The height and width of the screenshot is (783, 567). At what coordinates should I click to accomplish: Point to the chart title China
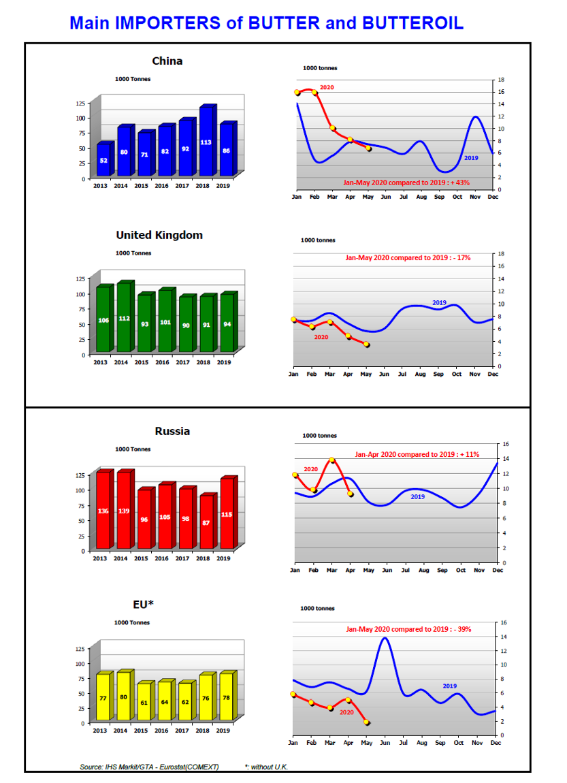coord(167,61)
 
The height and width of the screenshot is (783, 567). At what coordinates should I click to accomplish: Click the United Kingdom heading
coord(159,235)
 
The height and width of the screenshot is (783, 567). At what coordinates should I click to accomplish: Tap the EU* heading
coord(143,604)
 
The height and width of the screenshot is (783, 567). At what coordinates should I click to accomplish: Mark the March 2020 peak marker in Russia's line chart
coord(332,460)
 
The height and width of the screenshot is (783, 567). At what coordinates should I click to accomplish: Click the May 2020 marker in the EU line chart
coord(367,722)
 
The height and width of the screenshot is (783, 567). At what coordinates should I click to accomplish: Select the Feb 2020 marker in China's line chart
coord(314,93)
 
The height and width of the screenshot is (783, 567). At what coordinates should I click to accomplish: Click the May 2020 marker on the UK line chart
coord(366,345)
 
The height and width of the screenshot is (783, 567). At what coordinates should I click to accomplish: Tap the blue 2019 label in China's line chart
coord(471,158)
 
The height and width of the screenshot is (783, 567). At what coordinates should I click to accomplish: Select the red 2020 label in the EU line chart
coord(346,712)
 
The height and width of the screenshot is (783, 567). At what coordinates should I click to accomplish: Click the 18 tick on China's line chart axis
coord(501,80)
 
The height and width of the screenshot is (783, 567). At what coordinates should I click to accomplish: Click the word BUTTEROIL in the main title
coord(412,23)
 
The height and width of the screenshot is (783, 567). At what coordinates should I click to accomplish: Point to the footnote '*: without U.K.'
coord(267,767)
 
